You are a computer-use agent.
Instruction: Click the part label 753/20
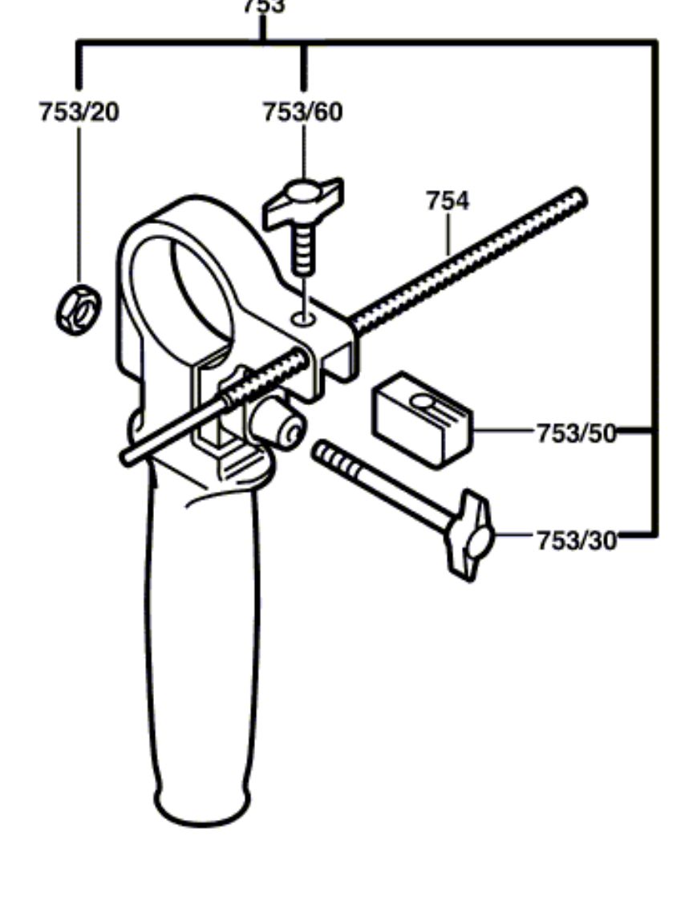(x=79, y=112)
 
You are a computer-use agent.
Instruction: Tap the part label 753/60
(x=302, y=112)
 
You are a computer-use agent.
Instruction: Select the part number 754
(x=447, y=201)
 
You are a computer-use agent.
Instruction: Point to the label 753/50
(x=576, y=433)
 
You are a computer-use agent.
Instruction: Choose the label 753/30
(x=576, y=541)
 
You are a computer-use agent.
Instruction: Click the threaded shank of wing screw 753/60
(x=303, y=249)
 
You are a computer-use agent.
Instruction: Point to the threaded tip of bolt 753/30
(x=330, y=457)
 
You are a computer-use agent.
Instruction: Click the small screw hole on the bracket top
(x=303, y=319)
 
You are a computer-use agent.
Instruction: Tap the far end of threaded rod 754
(x=576, y=197)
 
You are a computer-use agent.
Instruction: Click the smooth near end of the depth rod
(x=132, y=454)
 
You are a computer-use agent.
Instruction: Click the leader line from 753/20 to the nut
(x=79, y=201)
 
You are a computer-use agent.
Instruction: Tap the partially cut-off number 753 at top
(x=263, y=6)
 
